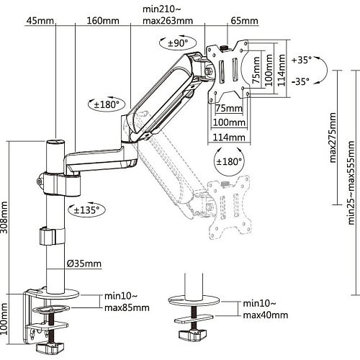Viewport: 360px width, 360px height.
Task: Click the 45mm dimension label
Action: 40,21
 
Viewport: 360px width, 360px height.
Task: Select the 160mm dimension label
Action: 103,21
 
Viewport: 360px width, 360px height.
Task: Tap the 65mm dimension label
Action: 245,21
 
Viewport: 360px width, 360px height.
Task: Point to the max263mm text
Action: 168,21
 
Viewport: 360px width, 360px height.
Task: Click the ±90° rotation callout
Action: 178,43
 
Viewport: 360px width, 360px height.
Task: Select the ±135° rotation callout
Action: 87,210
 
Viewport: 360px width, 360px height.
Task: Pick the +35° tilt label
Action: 302,60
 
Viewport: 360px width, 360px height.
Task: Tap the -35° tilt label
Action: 300,81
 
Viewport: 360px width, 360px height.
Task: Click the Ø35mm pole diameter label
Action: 84,264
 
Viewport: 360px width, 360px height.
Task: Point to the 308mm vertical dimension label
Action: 4,217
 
